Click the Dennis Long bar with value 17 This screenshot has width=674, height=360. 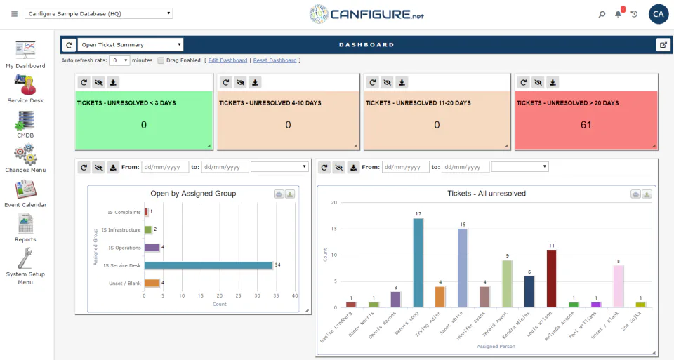point(418,262)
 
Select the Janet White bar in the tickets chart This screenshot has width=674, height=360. point(463,268)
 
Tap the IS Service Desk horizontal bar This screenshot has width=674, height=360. point(208,265)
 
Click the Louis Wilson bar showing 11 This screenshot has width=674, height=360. point(551,278)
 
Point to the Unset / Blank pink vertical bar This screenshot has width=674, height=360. point(618,286)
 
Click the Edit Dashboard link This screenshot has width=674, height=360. point(227,60)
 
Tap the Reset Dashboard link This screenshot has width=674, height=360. point(275,60)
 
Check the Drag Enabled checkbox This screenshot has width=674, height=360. point(161,60)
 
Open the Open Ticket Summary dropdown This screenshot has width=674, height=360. point(131,45)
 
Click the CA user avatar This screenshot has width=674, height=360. point(659,14)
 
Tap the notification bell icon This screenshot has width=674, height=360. point(619,14)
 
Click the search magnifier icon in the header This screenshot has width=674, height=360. point(602,14)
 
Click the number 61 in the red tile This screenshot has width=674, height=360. point(586,125)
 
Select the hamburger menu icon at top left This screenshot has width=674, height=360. point(14,14)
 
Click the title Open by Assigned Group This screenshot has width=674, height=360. point(193,194)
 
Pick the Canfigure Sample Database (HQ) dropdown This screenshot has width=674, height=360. point(98,13)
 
